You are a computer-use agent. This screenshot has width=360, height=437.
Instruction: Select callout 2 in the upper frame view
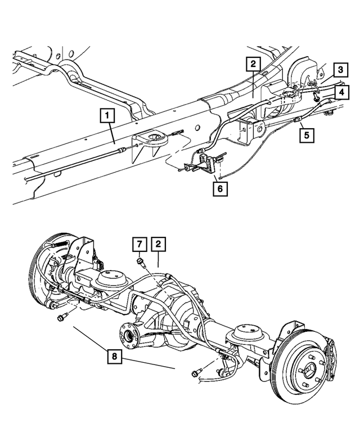pyautogui.click(x=253, y=64)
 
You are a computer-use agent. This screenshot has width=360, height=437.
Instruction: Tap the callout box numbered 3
pyautogui.click(x=339, y=70)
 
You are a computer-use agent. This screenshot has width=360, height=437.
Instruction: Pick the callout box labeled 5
pyautogui.click(x=307, y=135)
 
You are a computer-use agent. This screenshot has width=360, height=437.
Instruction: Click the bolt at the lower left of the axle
pyautogui.click(x=61, y=318)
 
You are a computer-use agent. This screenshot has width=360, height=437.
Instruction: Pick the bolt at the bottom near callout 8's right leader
pyautogui.click(x=197, y=372)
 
